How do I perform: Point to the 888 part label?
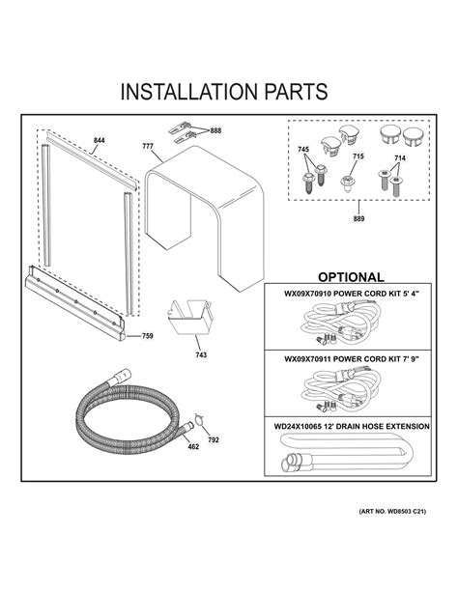click(x=215, y=130)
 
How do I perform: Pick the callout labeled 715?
click(x=358, y=156)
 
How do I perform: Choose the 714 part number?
click(x=401, y=156)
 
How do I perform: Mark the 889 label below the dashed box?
click(x=359, y=219)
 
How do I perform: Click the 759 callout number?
click(x=147, y=336)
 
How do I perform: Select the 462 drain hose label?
click(x=192, y=447)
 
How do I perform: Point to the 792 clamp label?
click(x=213, y=440)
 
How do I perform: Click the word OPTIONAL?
click(x=350, y=277)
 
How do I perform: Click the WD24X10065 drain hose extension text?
click(x=350, y=425)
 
